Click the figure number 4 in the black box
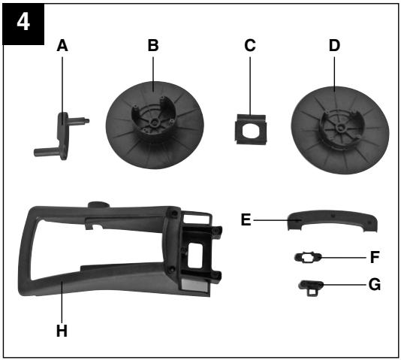23,23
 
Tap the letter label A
62,46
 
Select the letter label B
153,45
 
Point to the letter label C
250,45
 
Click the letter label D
334,45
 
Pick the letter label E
246,219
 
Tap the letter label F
375,257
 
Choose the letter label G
375,285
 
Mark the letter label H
62,331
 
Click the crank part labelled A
62,136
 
